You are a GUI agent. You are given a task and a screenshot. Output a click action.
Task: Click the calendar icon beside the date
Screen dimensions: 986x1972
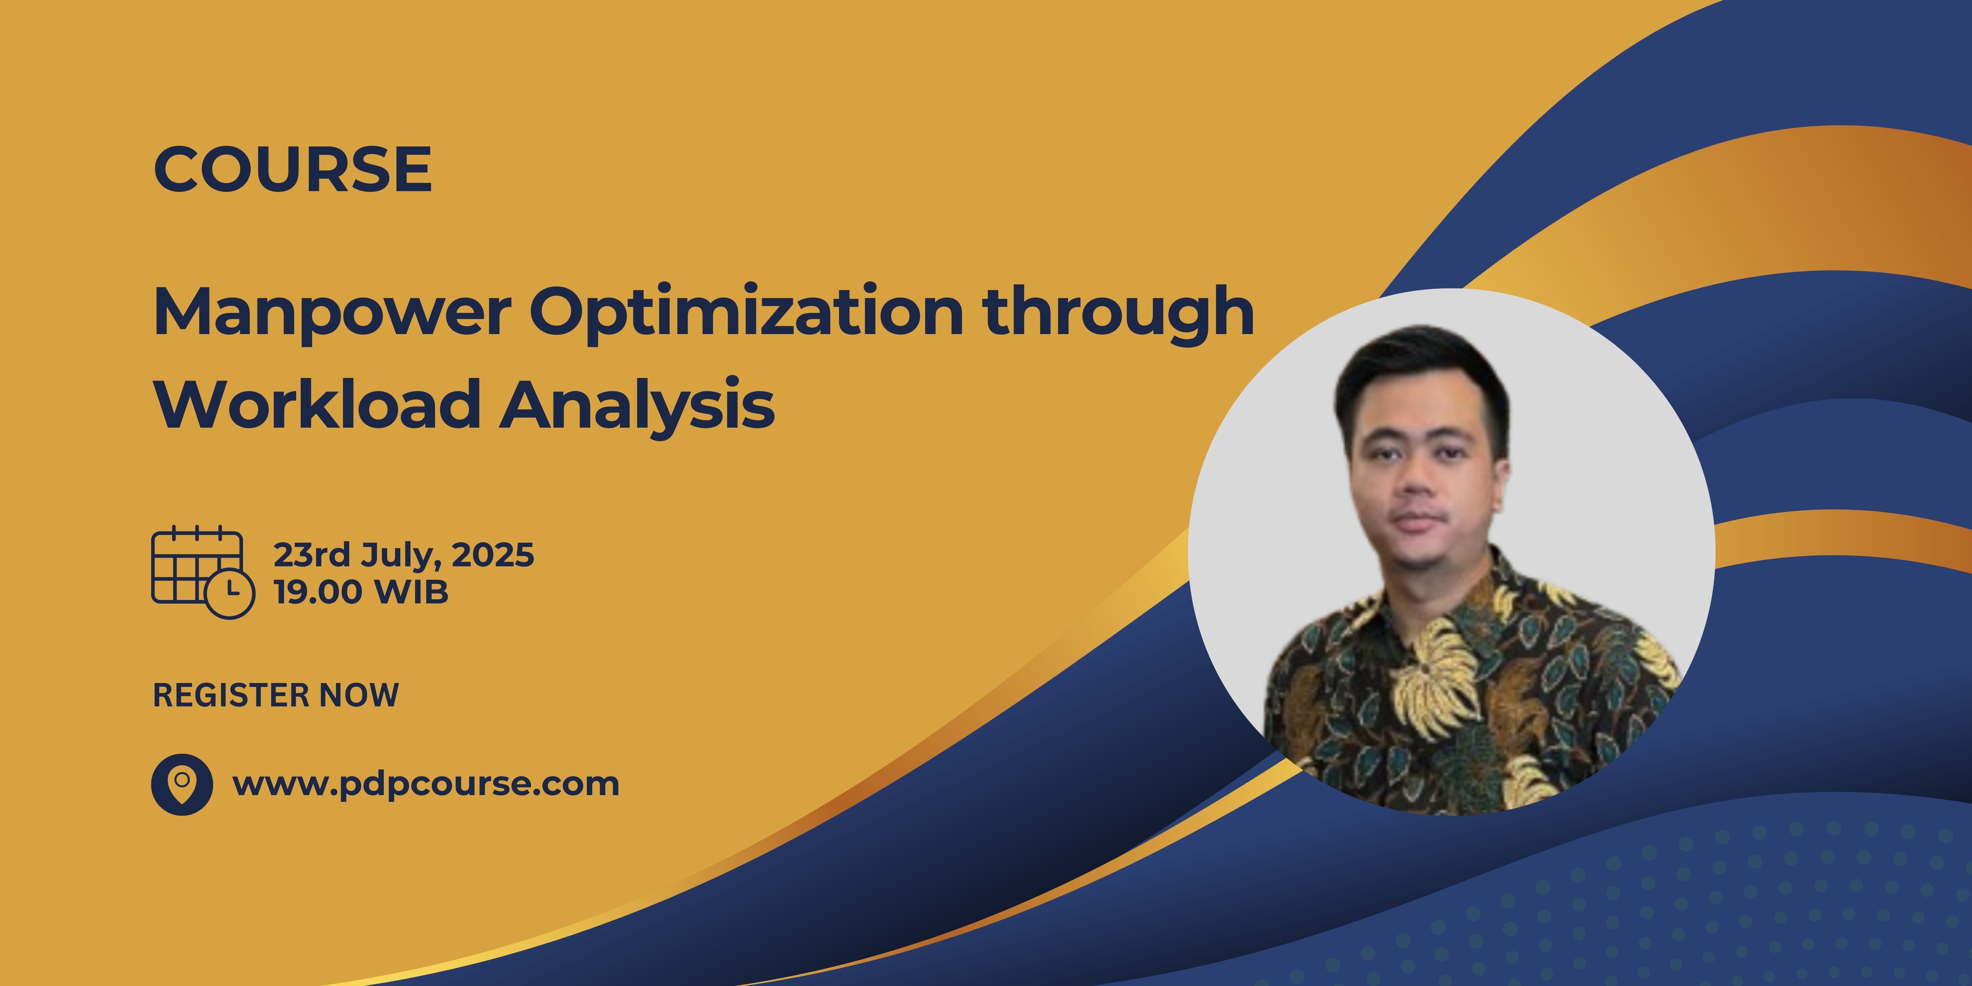point(197,568)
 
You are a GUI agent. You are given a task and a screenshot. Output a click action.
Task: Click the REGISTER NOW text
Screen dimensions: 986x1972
point(276,695)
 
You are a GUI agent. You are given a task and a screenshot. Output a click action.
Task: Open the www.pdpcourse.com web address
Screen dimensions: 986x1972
point(426,784)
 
